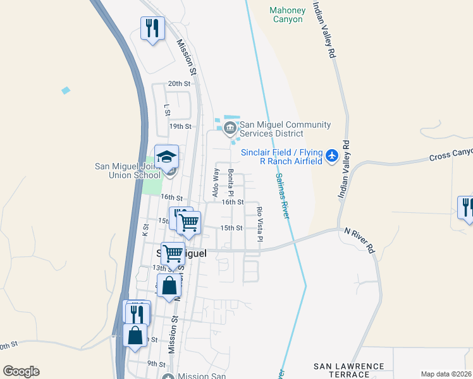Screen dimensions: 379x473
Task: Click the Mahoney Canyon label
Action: [288, 15]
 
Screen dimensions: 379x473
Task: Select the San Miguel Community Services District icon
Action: [229, 129]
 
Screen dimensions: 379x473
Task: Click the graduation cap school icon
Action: [167, 157]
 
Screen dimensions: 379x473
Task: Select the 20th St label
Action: [179, 83]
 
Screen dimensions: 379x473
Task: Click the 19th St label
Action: [180, 126]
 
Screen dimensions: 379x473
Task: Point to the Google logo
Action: [21, 371]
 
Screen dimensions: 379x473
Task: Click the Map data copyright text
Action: [446, 374]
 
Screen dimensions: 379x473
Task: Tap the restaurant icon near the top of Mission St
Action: [152, 28]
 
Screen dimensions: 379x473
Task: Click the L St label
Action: [167, 110]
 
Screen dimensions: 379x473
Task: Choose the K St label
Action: [145, 231]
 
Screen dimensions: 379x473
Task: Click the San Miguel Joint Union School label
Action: [128, 171]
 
